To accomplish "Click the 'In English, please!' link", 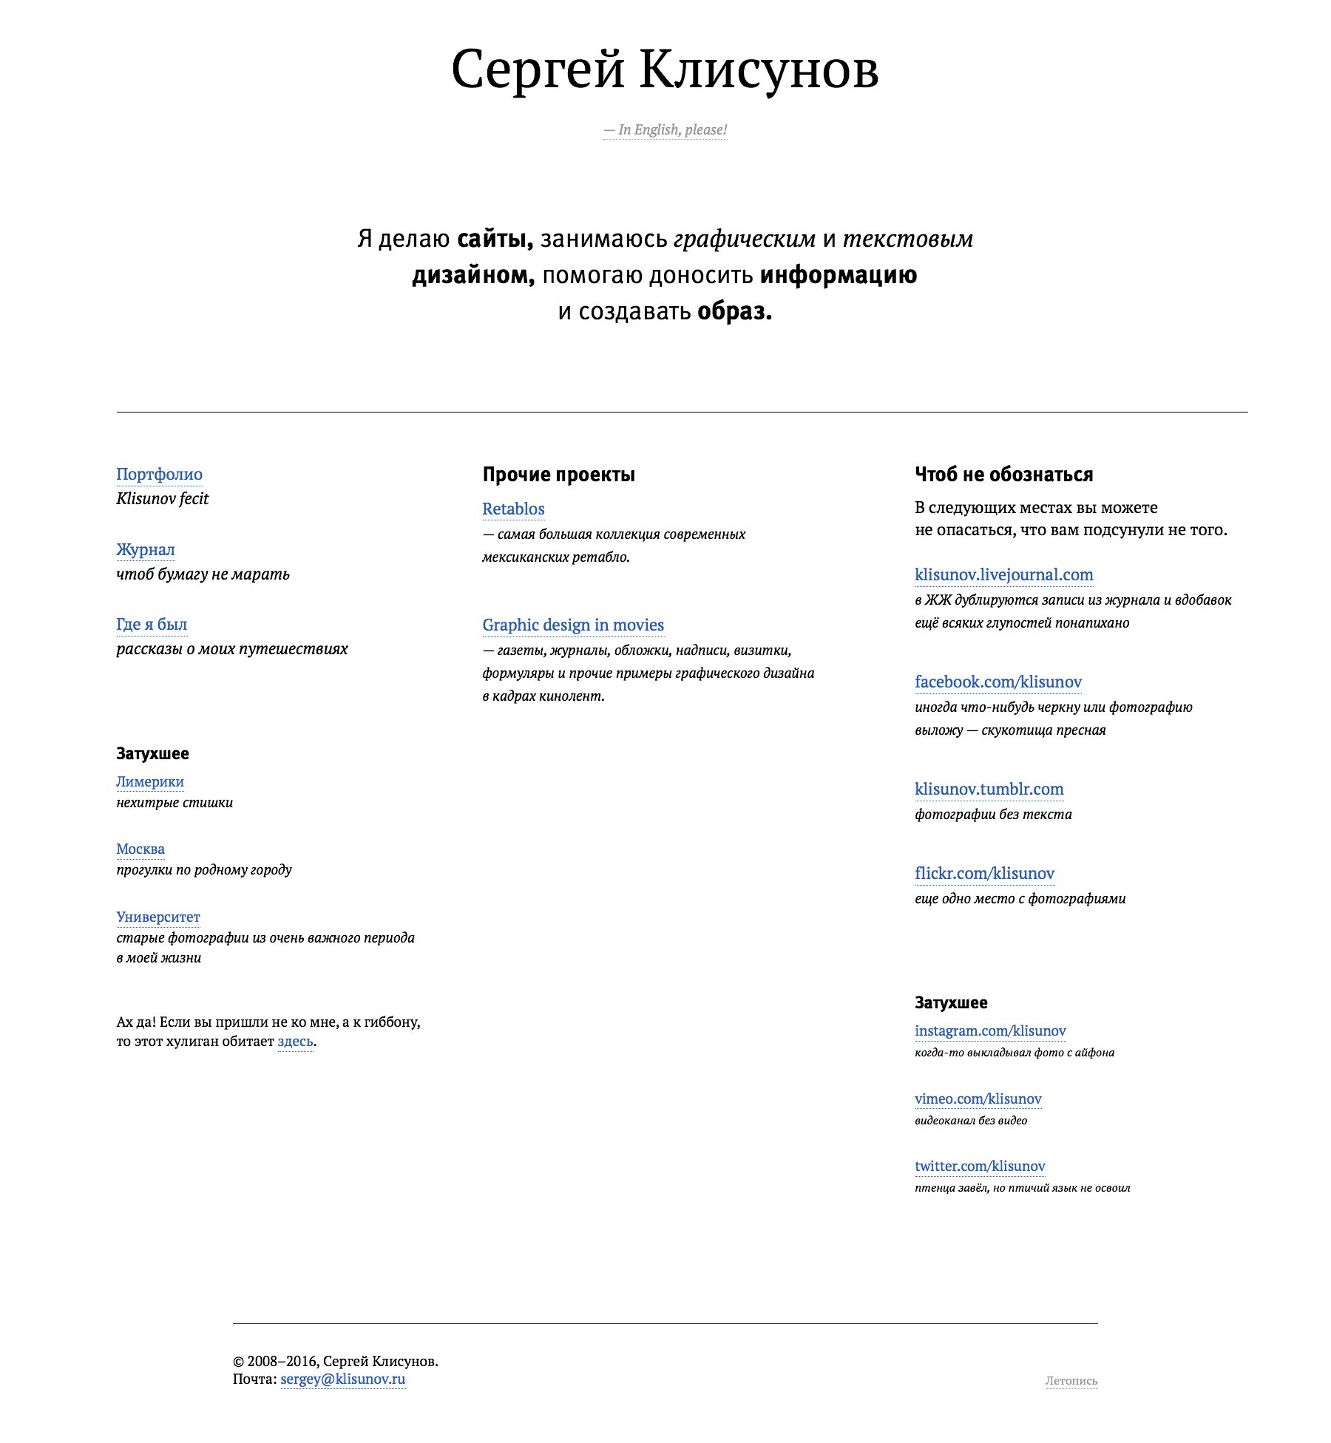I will click(665, 130).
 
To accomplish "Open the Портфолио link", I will click(159, 475).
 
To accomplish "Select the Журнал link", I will click(146, 550).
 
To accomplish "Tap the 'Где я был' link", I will click(152, 625).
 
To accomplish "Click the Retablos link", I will click(513, 509).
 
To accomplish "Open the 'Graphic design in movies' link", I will click(573, 625).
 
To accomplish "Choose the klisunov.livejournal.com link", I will click(1003, 575).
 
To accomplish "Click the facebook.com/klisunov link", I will click(998, 682).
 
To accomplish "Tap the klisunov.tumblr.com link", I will click(989, 790).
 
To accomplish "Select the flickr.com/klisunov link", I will click(984, 874).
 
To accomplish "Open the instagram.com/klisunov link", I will click(990, 1031).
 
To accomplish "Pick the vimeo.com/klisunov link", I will click(978, 1099).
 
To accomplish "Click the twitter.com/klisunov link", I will click(980, 1167).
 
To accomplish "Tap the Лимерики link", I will click(150, 782).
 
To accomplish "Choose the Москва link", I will click(140, 849).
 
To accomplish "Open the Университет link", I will click(158, 917).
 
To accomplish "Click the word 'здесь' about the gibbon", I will click(295, 1042).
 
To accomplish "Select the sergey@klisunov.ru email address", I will click(342, 1379).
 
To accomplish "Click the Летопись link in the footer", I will click(1071, 1381).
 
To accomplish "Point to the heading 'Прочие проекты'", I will click(558, 475).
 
